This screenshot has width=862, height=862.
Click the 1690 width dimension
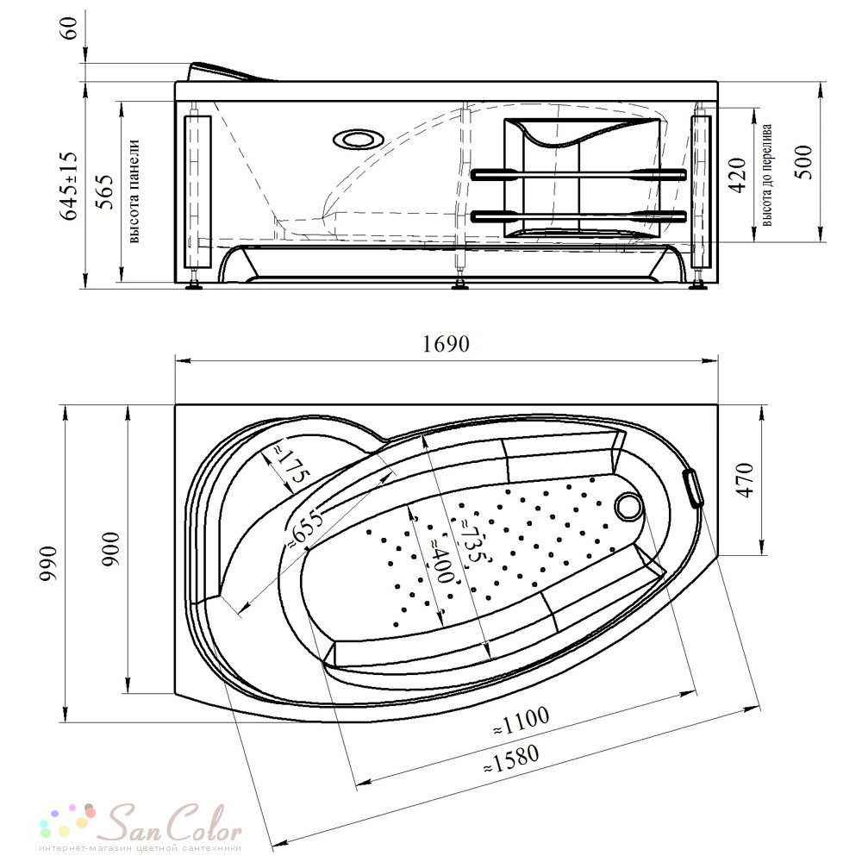click(446, 344)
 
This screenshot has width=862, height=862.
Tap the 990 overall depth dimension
click(48, 564)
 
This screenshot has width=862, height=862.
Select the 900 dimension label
click(110, 550)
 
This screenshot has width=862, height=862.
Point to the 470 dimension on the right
click(746, 480)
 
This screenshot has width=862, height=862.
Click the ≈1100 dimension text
click(521, 721)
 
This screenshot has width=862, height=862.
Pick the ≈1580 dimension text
click(510, 759)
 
